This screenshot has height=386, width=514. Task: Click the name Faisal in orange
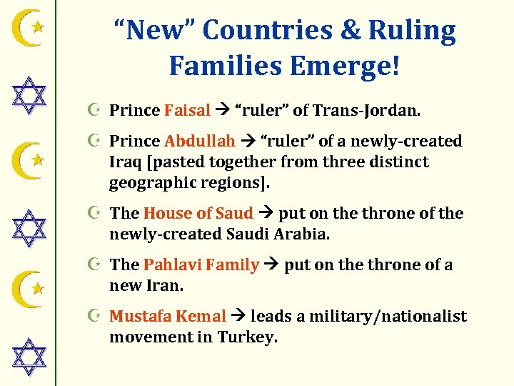[187, 110]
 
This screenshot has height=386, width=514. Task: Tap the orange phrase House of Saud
[198, 213]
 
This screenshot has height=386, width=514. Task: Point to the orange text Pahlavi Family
[201, 264]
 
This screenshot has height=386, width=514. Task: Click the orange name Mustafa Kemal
[168, 316]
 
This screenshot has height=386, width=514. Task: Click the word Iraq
[125, 162]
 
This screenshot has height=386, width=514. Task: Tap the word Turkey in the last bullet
[248, 336]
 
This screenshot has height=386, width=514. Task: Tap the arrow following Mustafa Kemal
[238, 316]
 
